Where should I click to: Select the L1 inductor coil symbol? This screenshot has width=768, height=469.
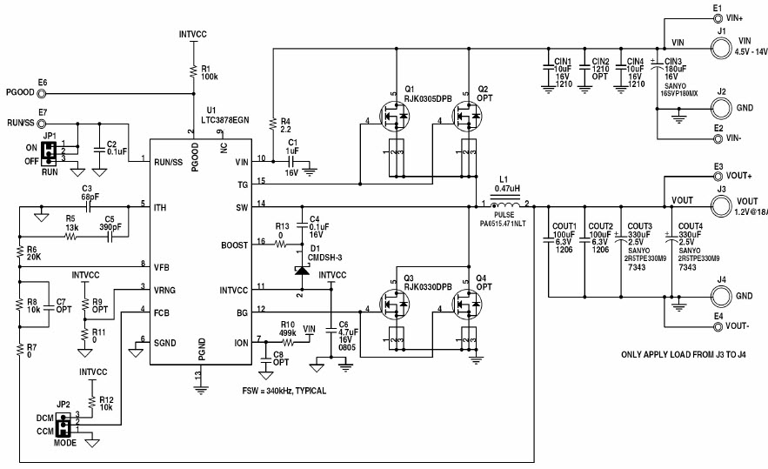tap(504, 204)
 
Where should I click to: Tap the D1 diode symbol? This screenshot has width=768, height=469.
tap(302, 271)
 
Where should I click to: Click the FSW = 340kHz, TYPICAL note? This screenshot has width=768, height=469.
tap(284, 391)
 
